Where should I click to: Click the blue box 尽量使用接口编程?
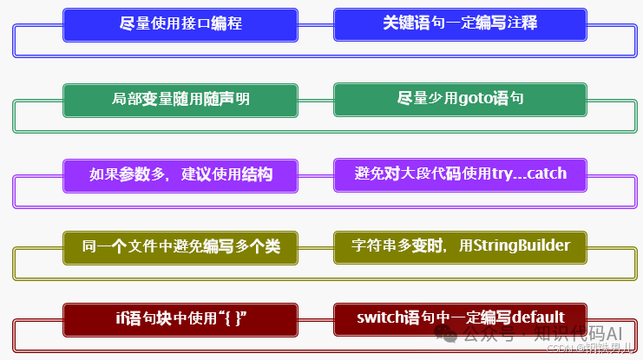pos(180,24)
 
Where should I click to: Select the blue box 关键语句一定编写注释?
pos(460,24)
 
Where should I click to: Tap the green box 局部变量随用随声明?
pos(180,100)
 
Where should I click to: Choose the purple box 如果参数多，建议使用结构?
pos(180,175)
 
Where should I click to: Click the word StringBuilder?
pos(521,246)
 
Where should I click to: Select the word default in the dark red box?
pos(538,317)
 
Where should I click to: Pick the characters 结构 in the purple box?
pos(258,175)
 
